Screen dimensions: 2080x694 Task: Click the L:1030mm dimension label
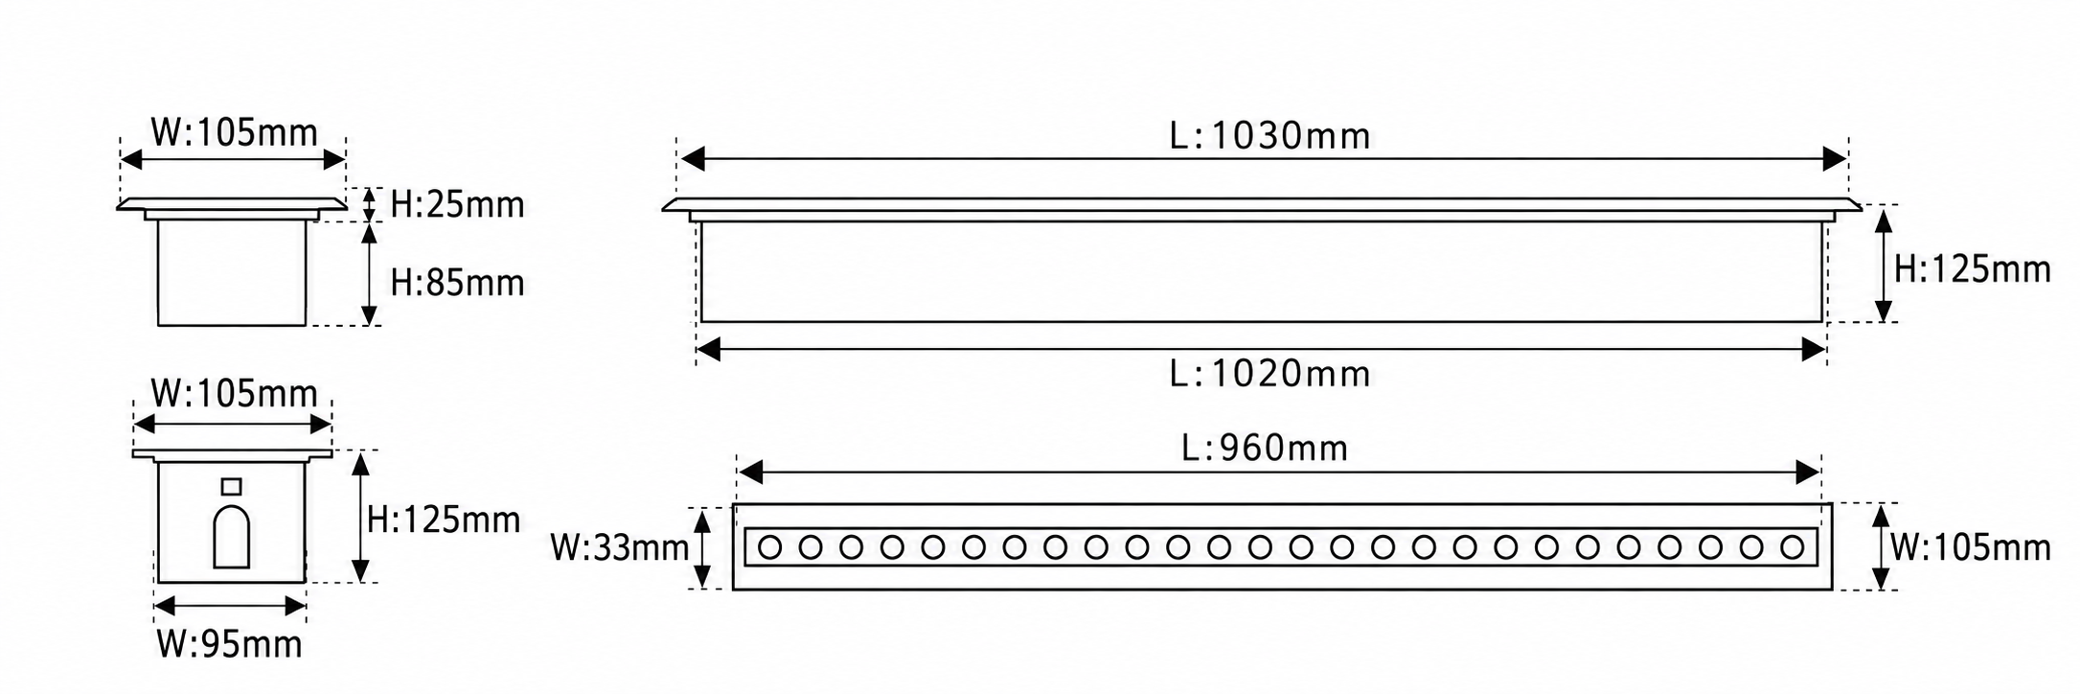(x=1269, y=137)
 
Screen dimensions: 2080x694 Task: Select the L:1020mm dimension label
(x=1269, y=373)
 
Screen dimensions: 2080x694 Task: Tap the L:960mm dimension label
(x=1265, y=448)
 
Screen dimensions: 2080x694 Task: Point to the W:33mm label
(x=619, y=548)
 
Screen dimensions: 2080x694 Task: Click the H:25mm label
(x=457, y=205)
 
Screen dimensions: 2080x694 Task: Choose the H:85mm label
(x=457, y=284)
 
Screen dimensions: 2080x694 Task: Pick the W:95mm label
(x=229, y=645)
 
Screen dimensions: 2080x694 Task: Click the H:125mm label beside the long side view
(x=1972, y=270)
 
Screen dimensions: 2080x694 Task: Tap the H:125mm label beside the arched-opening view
(x=444, y=520)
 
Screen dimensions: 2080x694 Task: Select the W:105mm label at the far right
(x=1970, y=548)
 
